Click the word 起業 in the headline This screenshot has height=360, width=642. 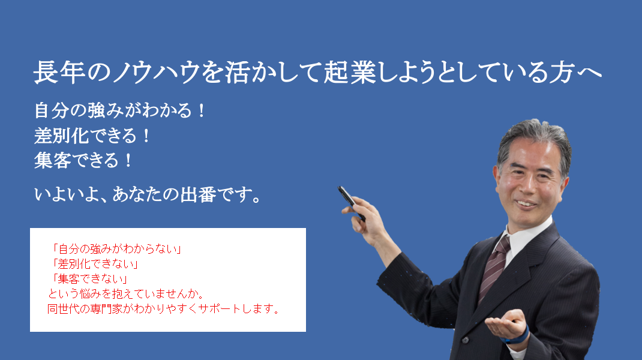[x=350, y=73]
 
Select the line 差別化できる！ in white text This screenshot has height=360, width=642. [x=92, y=136]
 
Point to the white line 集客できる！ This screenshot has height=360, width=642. [x=83, y=160]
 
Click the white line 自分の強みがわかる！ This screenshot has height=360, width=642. [x=120, y=110]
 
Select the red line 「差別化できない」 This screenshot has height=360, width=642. [x=95, y=264]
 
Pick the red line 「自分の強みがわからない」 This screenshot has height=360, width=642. [x=116, y=249]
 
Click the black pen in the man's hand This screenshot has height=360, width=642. [x=351, y=203]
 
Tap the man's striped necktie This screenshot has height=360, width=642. [x=494, y=268]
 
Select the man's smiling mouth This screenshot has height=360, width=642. [x=526, y=203]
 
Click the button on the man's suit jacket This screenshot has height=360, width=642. [x=465, y=340]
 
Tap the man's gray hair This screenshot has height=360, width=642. [x=535, y=141]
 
